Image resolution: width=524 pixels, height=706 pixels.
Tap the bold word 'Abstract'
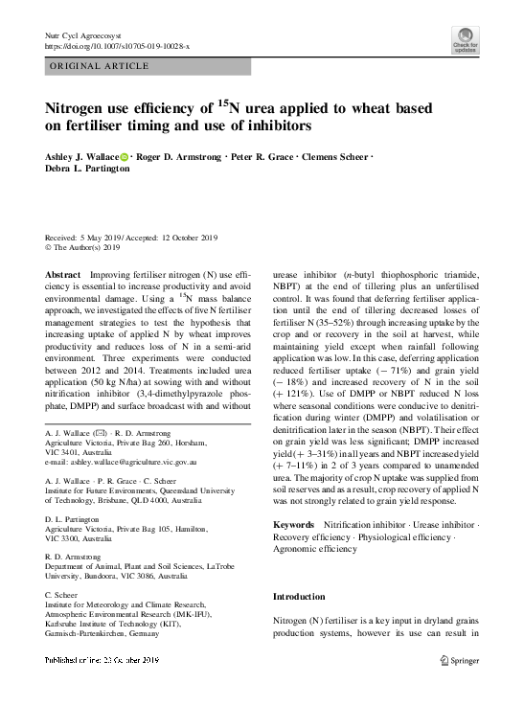[62, 275]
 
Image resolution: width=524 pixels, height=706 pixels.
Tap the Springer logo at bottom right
[459, 660]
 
